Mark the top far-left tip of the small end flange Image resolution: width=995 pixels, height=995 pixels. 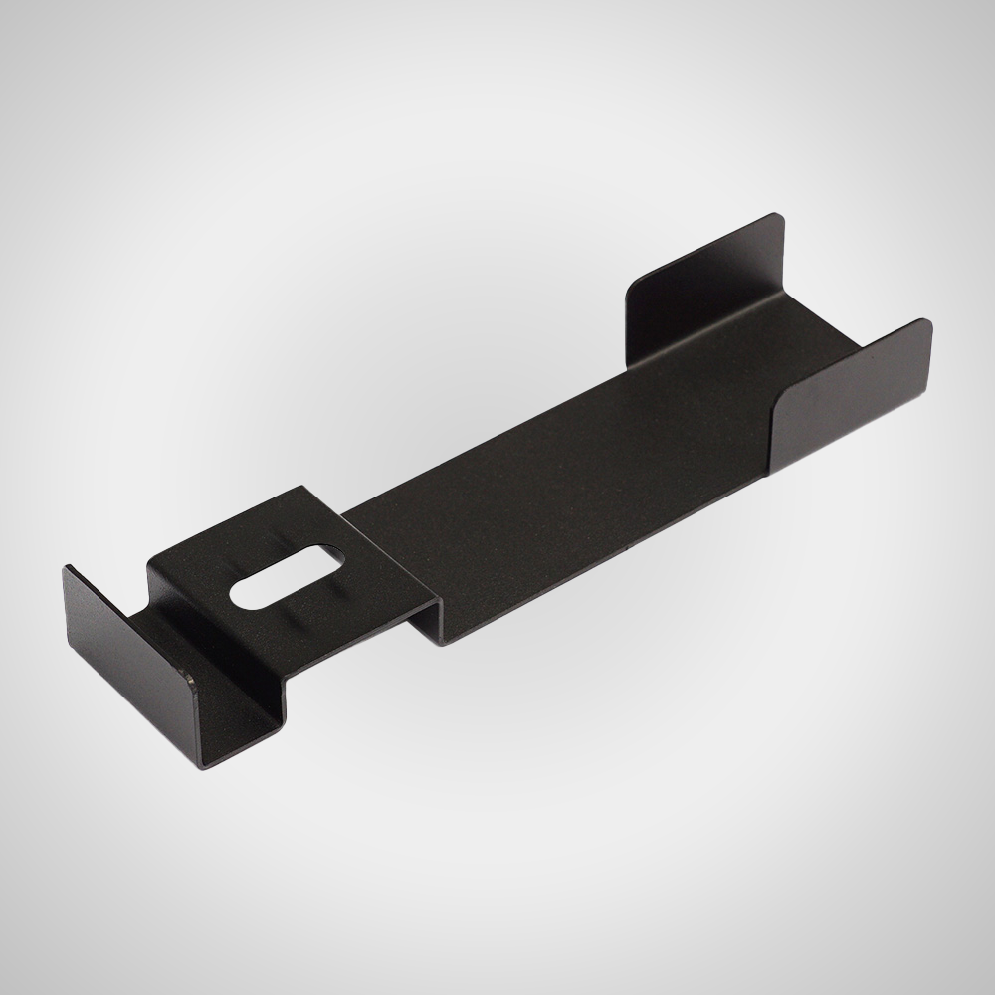[68, 568]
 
